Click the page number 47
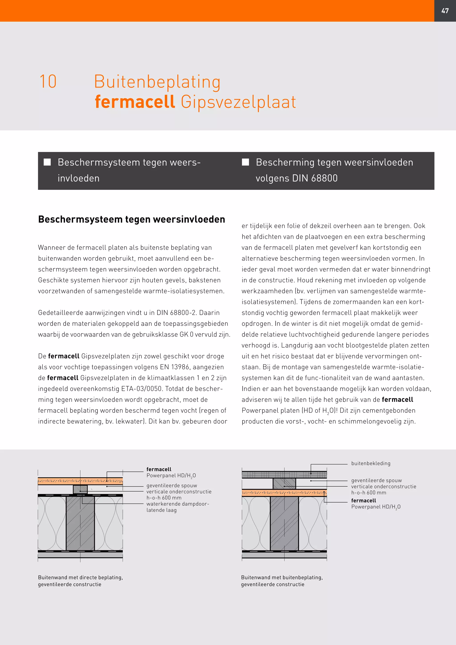(445, 11)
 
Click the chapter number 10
(48, 82)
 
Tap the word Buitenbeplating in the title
(157, 82)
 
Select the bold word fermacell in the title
(135, 102)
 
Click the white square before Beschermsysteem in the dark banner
(47, 162)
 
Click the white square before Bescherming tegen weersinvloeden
(245, 162)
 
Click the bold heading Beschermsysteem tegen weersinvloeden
(131, 219)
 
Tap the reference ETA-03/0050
(142, 389)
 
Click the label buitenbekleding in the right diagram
(371, 463)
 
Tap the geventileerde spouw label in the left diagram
(172, 486)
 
